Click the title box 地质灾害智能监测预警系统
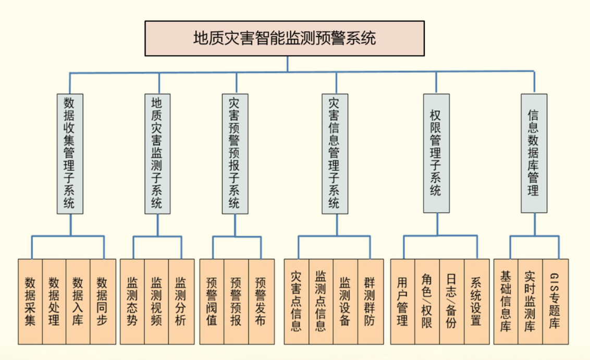point(284,39)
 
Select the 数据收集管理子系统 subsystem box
point(70,154)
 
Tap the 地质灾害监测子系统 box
point(157,154)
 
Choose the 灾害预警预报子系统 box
point(235,154)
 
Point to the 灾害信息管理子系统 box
point(335,154)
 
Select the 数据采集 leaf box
point(30,301)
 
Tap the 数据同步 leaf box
point(103,301)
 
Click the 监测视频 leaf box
point(157,301)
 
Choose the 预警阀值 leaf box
point(212,301)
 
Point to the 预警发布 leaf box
point(261,301)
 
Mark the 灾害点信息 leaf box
point(296,301)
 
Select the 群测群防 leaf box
point(370,301)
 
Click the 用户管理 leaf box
point(402,301)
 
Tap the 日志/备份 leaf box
point(451,301)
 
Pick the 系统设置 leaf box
point(476,301)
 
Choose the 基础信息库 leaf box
point(506,301)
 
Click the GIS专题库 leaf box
point(555,301)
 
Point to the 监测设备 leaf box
point(345,301)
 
